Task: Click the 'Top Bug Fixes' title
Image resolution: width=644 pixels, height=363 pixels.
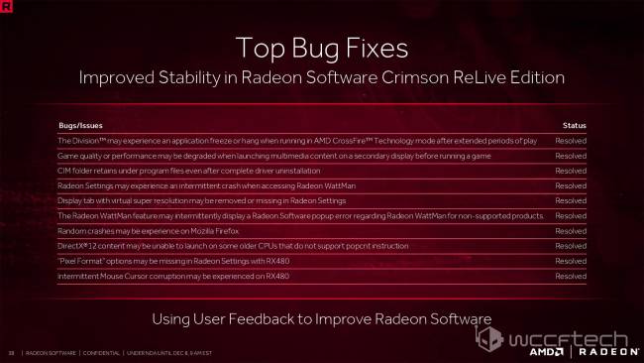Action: click(321, 48)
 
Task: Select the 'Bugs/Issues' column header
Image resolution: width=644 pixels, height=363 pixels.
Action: click(80, 126)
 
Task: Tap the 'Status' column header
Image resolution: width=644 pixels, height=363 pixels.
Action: click(574, 126)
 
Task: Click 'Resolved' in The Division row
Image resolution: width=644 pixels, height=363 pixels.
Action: click(571, 141)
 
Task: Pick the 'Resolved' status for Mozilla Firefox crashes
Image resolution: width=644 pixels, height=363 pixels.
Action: click(571, 230)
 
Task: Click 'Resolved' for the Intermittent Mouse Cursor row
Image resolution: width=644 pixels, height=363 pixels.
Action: click(571, 275)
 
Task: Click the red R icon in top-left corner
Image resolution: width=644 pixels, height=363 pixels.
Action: click(8, 7)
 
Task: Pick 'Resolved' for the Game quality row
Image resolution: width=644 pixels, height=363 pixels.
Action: click(571, 156)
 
